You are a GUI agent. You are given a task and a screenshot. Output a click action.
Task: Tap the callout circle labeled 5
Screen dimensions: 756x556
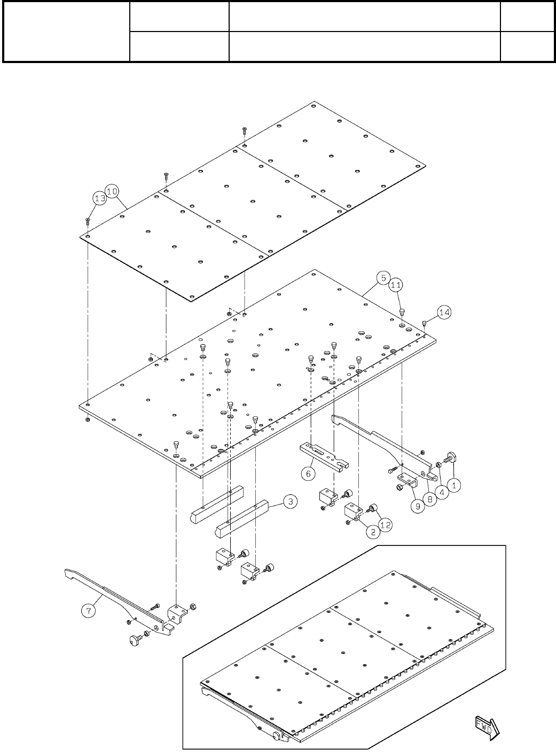point(382,277)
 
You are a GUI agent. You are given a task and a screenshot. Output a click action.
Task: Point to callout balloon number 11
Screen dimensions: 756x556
point(395,286)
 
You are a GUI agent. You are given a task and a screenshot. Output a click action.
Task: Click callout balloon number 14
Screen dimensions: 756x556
point(444,311)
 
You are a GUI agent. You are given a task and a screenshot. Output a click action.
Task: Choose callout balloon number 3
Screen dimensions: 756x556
point(289,502)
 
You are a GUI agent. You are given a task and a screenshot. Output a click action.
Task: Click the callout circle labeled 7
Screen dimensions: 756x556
point(90,609)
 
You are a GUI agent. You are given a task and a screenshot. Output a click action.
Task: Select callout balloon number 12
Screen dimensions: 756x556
point(385,525)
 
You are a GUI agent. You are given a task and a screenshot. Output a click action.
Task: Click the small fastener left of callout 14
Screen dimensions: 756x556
point(424,323)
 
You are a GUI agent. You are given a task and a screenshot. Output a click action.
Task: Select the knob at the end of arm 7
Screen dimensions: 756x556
point(134,639)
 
